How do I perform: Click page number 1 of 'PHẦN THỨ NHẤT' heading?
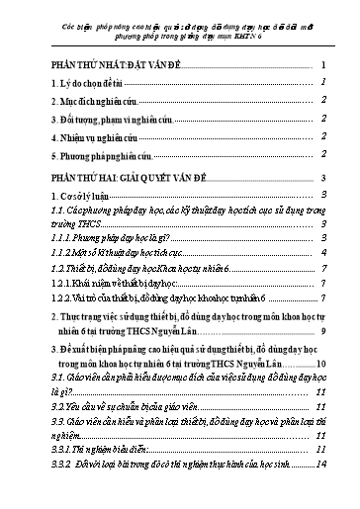(325, 64)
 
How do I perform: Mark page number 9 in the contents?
(325, 329)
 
